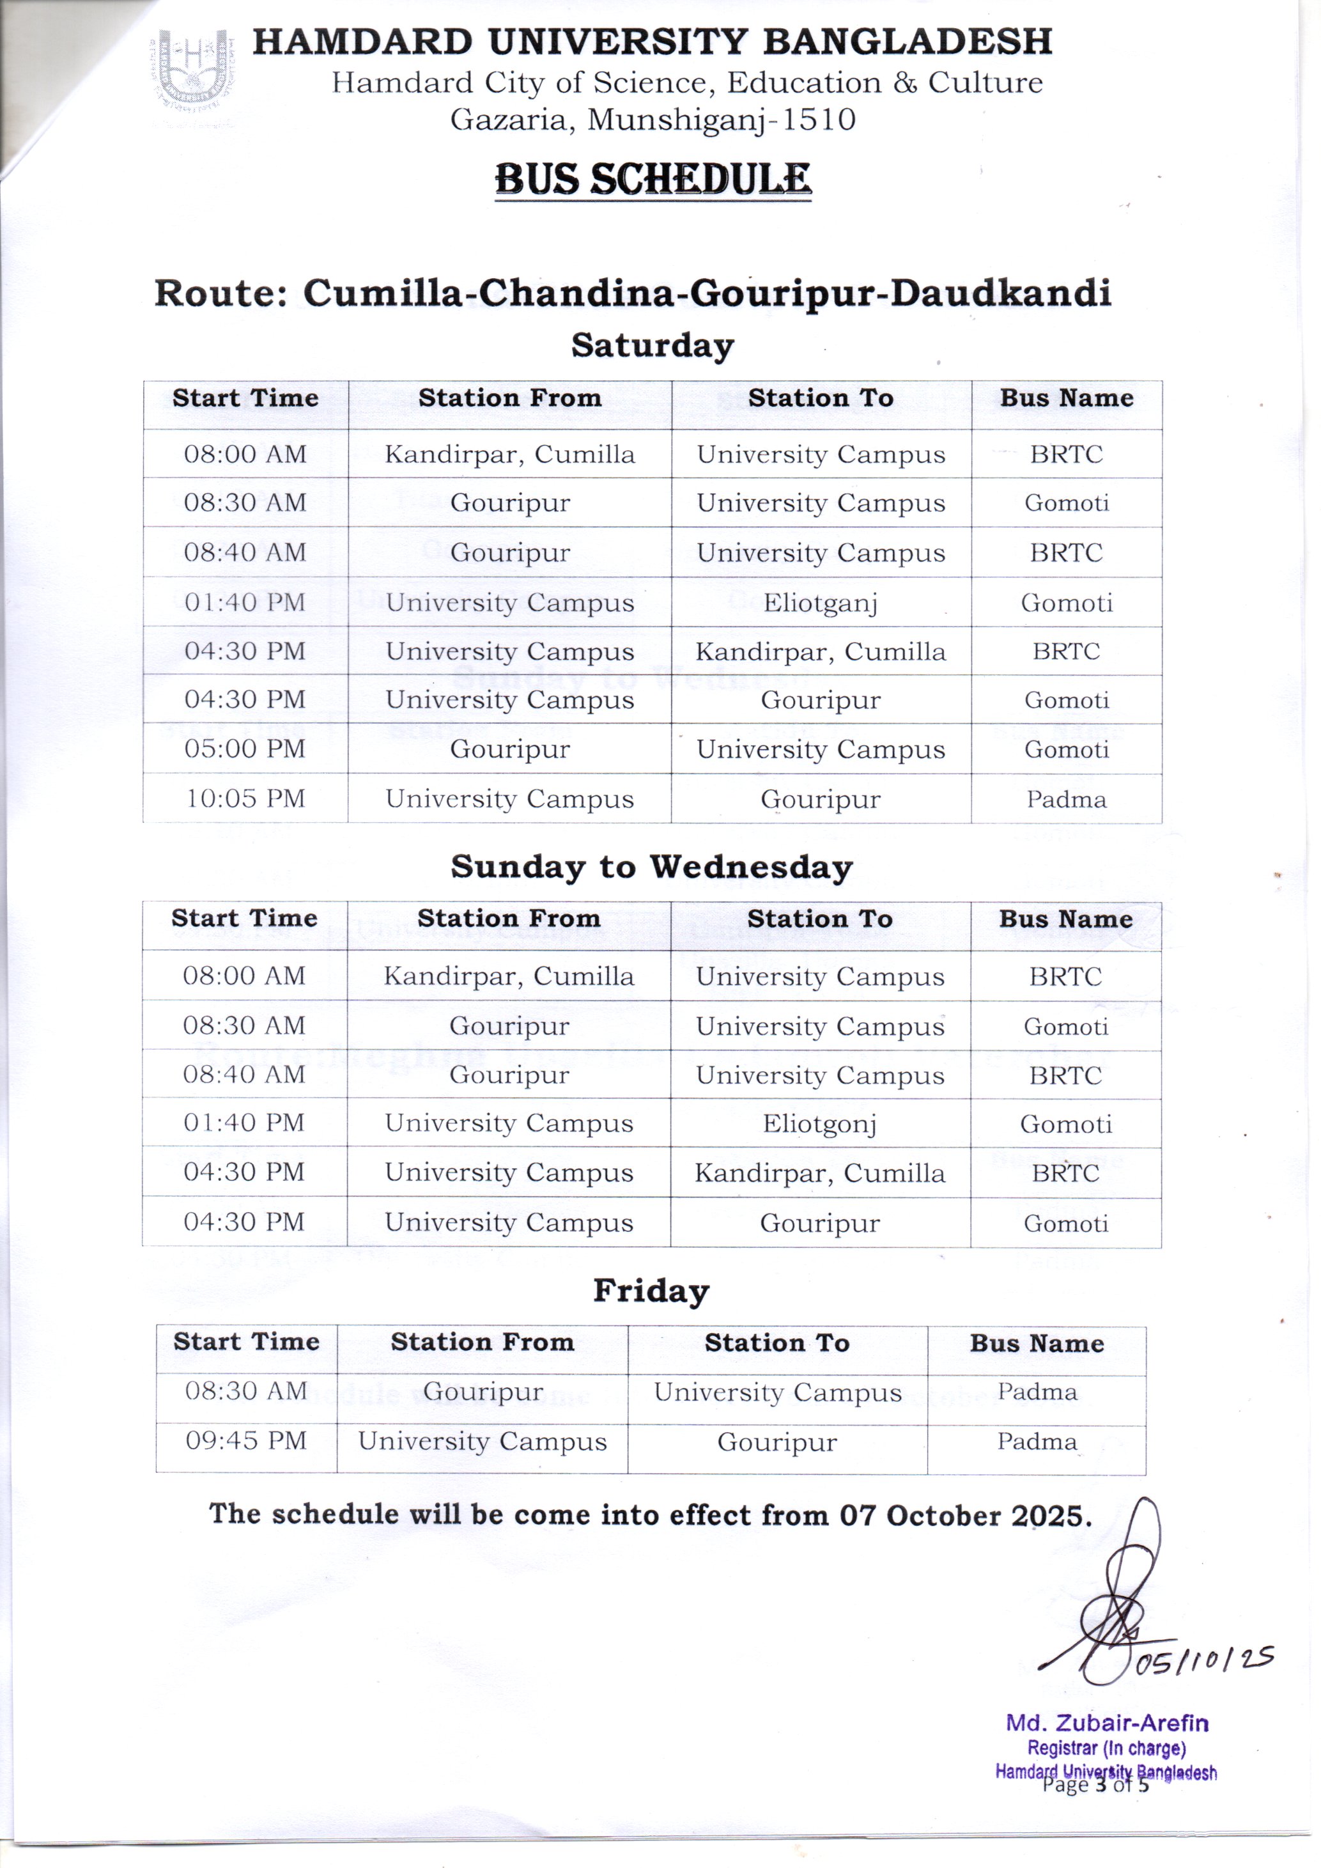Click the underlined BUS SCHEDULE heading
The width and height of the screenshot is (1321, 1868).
click(x=653, y=179)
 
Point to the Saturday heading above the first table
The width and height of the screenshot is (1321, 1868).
click(x=653, y=345)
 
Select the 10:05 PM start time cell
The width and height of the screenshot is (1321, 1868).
click(x=245, y=798)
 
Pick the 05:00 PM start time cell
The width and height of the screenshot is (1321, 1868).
click(x=245, y=749)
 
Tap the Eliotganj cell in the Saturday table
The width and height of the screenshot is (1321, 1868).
click(x=820, y=603)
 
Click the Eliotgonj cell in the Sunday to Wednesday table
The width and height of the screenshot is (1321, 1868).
click(x=819, y=1124)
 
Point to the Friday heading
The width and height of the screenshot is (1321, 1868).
click(x=651, y=1290)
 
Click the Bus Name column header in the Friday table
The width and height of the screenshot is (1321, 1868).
click(x=1037, y=1343)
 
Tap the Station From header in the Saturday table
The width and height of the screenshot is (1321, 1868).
click(x=509, y=398)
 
